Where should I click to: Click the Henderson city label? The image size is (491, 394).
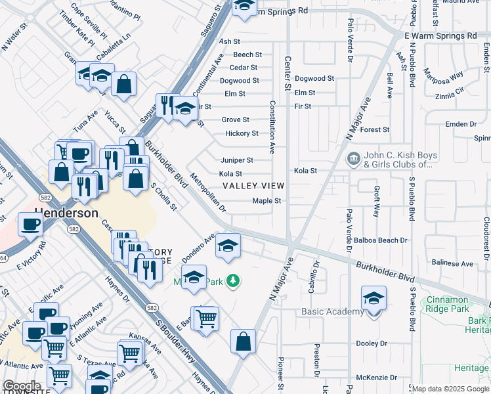(66, 213)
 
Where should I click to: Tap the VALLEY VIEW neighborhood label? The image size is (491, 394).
(253, 186)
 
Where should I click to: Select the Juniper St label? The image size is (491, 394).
(236, 160)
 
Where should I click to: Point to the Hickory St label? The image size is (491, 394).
(242, 133)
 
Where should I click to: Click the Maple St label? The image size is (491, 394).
(267, 201)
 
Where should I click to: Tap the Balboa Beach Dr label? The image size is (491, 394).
(380, 241)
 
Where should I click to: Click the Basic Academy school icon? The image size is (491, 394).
(374, 298)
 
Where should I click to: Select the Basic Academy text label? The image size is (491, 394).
(332, 311)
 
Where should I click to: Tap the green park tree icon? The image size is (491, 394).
(233, 281)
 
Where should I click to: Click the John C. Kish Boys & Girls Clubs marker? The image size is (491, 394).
(354, 159)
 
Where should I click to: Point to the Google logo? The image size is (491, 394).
(21, 386)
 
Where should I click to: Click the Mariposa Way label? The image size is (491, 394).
(443, 73)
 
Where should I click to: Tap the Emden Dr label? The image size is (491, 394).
(460, 124)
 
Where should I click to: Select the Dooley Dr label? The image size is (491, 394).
(372, 343)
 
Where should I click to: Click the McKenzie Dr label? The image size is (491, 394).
(374, 378)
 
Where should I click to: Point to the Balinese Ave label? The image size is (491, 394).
(452, 263)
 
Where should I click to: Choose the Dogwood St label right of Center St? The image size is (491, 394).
(314, 78)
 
